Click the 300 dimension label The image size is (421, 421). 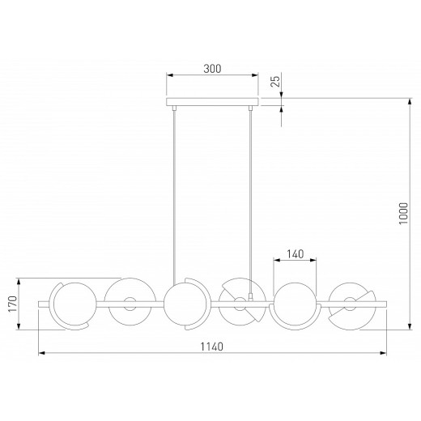212,69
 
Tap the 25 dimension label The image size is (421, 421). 275,81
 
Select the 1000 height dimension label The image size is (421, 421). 403,213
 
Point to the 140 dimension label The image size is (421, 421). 295,254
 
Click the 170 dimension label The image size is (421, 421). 12,304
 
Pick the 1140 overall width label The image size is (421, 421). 212,347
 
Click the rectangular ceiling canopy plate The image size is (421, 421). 212,102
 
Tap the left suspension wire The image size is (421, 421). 174,198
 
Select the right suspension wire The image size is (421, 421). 250,202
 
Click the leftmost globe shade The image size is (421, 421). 75,304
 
